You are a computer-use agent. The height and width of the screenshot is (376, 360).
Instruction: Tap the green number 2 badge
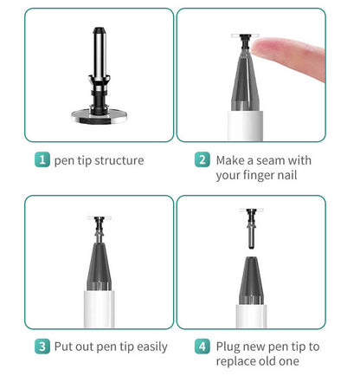[x=202, y=160]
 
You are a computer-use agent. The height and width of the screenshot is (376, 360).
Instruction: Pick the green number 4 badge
[x=202, y=347]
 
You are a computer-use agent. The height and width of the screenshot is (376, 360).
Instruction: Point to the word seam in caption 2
[x=274, y=160]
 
